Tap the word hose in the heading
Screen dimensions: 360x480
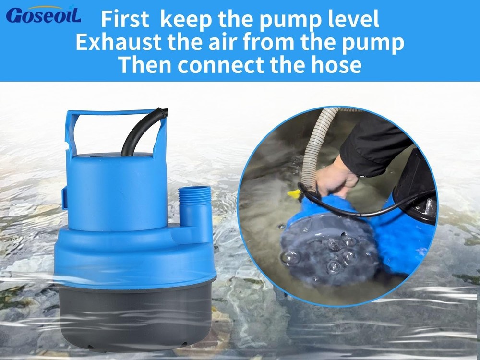pyautogui.click(x=336, y=65)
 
